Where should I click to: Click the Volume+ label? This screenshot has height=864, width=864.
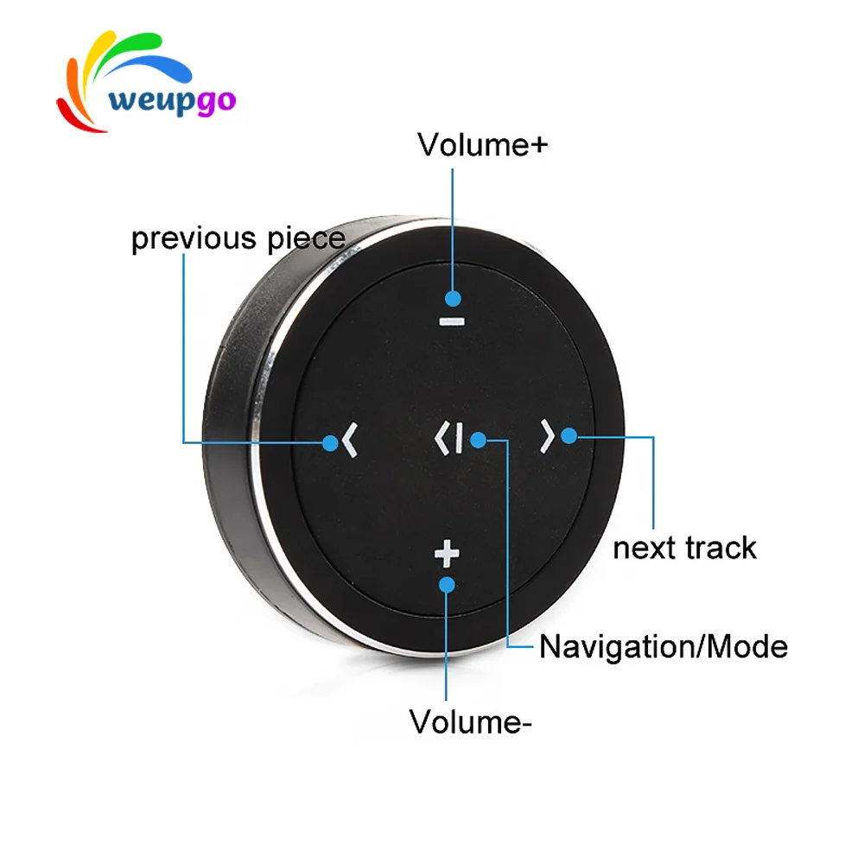click(482, 144)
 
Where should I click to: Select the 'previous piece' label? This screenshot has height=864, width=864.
click(238, 238)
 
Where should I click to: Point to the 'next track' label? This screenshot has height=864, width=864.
click(684, 548)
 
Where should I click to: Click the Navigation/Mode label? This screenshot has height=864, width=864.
click(663, 646)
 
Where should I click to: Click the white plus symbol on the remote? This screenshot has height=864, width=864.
click(447, 554)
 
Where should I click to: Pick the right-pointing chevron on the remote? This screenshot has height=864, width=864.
click(546, 437)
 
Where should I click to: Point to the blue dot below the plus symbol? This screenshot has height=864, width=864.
click(447, 584)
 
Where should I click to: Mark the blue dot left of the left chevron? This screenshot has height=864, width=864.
click(330, 443)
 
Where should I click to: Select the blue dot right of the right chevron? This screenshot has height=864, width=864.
click(569, 435)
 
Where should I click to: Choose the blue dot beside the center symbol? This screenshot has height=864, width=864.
click(478, 440)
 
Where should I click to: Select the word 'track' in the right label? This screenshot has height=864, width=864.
click(720, 548)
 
